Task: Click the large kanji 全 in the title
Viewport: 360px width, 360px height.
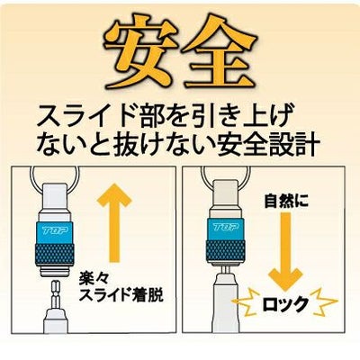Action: point(219,56)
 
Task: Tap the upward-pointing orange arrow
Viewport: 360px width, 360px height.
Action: point(114,222)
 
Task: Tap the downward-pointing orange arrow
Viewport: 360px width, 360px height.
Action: point(284,251)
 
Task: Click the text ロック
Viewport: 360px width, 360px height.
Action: point(285,304)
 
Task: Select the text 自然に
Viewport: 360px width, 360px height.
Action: point(286,202)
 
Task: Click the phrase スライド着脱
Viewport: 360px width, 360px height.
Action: point(121,295)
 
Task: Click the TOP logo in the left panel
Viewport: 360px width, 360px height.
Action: point(55,230)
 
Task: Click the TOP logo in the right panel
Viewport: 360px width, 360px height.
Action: point(227,228)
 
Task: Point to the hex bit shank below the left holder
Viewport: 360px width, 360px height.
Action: point(55,294)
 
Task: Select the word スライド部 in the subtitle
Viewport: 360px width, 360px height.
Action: point(99,117)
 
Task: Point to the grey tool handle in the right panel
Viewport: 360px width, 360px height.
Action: point(226,304)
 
